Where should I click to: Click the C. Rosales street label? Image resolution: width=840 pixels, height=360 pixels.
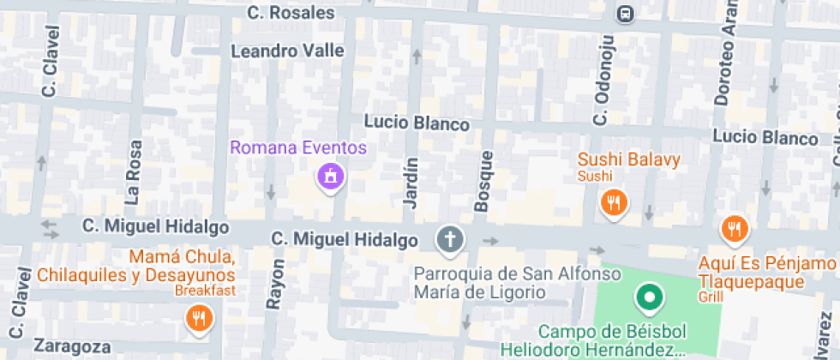tap(291, 12)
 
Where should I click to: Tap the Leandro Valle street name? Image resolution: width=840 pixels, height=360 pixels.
tap(287, 51)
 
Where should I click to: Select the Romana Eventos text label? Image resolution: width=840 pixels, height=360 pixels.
tap(297, 147)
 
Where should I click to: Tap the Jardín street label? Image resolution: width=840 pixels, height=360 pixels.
tap(410, 183)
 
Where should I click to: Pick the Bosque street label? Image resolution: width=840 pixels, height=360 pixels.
tap(483, 181)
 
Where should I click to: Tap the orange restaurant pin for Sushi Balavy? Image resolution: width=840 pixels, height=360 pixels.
tap(614, 203)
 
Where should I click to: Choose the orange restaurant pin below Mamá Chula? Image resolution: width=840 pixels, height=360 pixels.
tap(198, 320)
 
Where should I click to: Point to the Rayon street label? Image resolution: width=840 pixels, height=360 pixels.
tap(276, 284)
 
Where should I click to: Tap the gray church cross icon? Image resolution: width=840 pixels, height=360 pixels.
tap(448, 239)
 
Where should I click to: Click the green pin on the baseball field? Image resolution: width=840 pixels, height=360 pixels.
tap(649, 298)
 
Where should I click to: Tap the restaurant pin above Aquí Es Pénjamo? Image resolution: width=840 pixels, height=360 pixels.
tap(735, 228)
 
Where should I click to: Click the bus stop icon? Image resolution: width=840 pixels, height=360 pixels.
tap(626, 13)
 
